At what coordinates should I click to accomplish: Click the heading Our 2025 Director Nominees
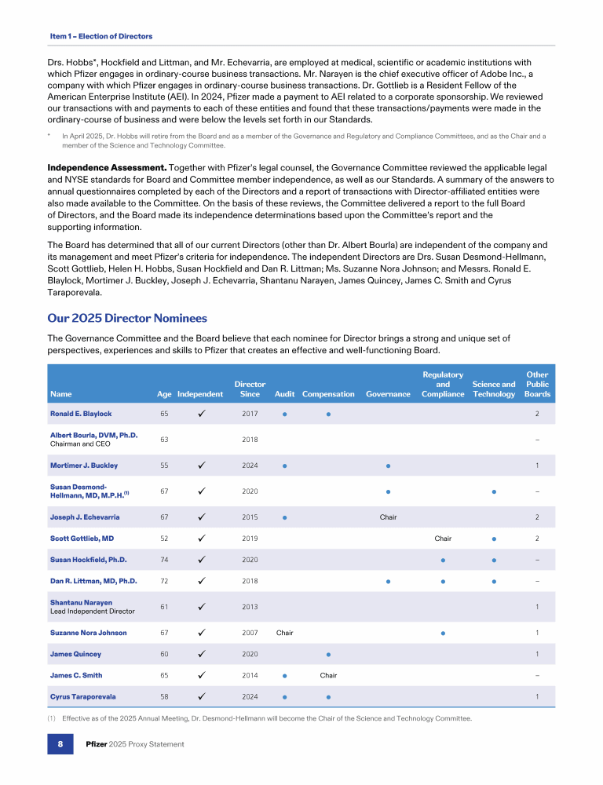click(x=127, y=318)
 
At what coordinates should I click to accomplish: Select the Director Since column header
click(x=250, y=389)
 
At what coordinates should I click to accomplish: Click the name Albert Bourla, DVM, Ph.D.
click(x=93, y=435)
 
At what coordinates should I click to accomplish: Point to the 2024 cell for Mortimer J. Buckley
click(x=250, y=466)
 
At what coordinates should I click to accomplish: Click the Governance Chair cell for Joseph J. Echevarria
click(x=388, y=517)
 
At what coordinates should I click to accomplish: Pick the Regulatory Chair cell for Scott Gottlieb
click(x=443, y=539)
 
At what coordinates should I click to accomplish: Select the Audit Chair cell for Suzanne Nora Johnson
click(x=284, y=633)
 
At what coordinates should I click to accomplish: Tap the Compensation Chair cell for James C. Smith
click(x=328, y=675)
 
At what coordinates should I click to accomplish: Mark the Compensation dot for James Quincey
click(x=328, y=655)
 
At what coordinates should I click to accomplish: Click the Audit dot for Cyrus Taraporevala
click(x=284, y=697)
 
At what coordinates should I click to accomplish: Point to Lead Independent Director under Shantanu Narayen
click(x=93, y=611)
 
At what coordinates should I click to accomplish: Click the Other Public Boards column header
click(x=538, y=385)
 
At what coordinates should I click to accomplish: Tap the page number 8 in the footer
click(x=60, y=743)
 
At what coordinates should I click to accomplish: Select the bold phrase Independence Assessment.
click(x=107, y=167)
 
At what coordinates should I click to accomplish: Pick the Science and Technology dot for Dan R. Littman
click(x=494, y=582)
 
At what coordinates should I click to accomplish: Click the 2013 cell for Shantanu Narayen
click(x=250, y=607)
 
